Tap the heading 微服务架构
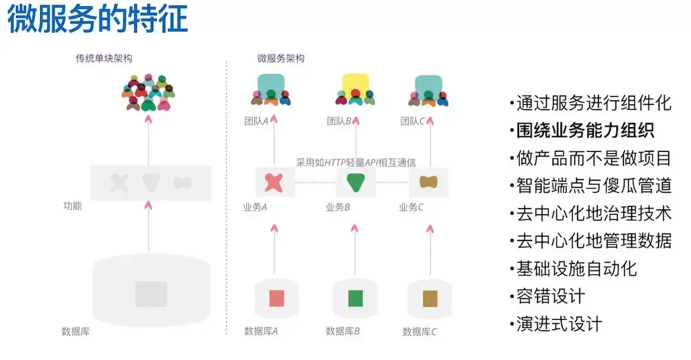281,59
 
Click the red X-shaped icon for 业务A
274,182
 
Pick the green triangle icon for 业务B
355,182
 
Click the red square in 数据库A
276,298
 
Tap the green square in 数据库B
355,298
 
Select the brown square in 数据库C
430,298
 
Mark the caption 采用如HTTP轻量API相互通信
356,163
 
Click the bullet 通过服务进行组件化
594,104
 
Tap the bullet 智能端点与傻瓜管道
594,185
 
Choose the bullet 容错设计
551,296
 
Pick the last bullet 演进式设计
559,323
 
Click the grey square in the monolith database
151,294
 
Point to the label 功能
72,206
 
